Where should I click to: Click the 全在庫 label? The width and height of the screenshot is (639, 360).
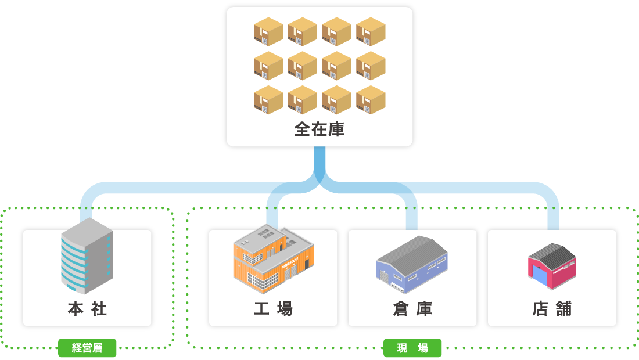click(319, 129)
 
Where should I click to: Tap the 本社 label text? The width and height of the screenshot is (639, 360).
click(87, 308)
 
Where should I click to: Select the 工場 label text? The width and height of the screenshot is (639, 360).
click(273, 308)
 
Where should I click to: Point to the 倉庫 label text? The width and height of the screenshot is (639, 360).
click(412, 308)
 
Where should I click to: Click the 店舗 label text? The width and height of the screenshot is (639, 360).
click(552, 308)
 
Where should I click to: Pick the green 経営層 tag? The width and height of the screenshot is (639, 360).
click(87, 348)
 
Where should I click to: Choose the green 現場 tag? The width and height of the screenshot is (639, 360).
click(412, 348)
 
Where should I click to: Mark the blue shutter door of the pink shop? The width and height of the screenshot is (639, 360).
click(540, 276)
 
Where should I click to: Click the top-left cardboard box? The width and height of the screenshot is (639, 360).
click(268, 31)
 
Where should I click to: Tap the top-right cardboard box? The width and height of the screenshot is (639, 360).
click(371, 31)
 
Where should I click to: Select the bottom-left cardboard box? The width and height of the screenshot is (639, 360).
click(268, 100)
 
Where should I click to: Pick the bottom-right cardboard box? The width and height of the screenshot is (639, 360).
click(371, 100)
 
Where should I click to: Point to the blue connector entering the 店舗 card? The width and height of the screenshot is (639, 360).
click(552, 218)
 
